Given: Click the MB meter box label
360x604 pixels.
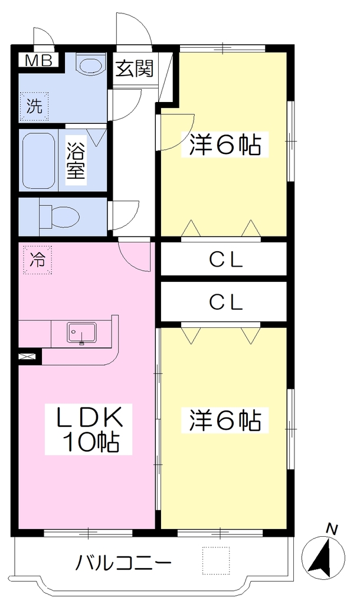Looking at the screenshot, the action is (38, 61).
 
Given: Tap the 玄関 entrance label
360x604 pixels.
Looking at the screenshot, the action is (135, 68).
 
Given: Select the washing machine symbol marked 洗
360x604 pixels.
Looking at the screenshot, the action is (34, 106).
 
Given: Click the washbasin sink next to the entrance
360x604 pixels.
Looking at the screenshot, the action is (91, 64).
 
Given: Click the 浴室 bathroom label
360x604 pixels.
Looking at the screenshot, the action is (76, 160).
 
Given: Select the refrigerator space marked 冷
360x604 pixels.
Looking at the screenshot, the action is (37, 260).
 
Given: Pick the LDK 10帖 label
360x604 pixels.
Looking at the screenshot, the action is (89, 428).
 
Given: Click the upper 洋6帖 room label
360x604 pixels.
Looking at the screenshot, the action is (225, 145).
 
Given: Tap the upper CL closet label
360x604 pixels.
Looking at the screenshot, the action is (226, 261).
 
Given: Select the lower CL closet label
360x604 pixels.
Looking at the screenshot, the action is (226, 303).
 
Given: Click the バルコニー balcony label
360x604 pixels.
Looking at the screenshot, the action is (123, 563).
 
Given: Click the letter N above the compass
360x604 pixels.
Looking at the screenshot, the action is (332, 529).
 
